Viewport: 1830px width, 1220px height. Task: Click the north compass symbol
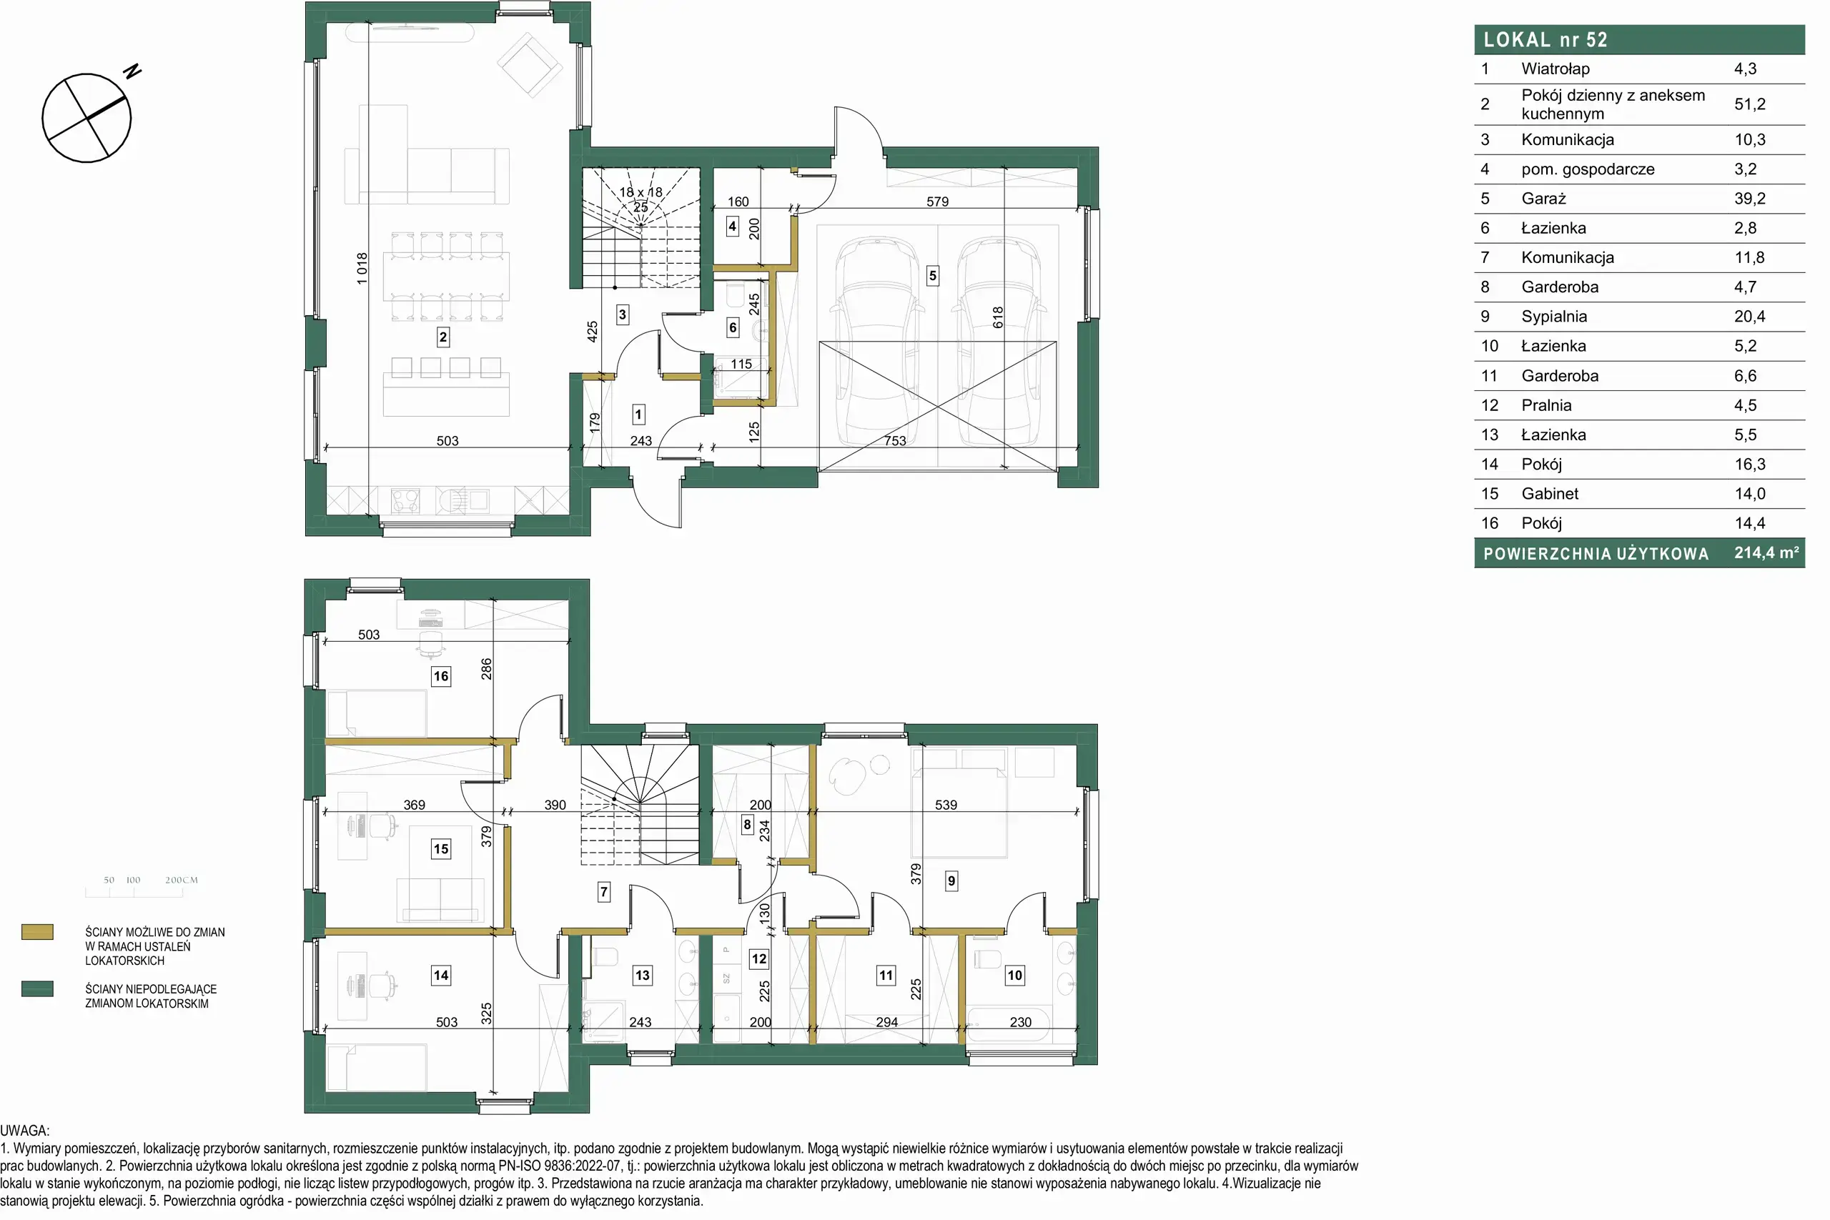86,117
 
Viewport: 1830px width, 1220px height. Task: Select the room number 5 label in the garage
933,275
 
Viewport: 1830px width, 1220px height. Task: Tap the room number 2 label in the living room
442,337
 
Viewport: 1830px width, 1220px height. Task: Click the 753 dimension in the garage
895,440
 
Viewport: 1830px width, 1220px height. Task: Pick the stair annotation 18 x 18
641,192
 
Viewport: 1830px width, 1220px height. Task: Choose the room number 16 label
441,676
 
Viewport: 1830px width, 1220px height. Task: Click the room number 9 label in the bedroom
951,881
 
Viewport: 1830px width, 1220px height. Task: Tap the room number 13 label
642,975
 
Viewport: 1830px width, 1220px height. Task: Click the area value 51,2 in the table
1750,104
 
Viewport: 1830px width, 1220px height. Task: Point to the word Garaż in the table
1543,199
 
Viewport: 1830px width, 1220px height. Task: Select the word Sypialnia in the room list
1554,316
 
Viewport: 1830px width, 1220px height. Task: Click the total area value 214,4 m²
1766,552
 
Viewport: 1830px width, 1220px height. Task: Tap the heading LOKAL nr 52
1545,40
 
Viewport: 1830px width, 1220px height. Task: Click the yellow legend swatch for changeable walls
37,932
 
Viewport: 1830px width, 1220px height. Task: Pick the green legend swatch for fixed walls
37,989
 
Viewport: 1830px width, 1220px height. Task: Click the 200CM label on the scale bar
182,880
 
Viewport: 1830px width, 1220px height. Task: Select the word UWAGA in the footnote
24,1131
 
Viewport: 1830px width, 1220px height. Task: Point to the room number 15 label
441,849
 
